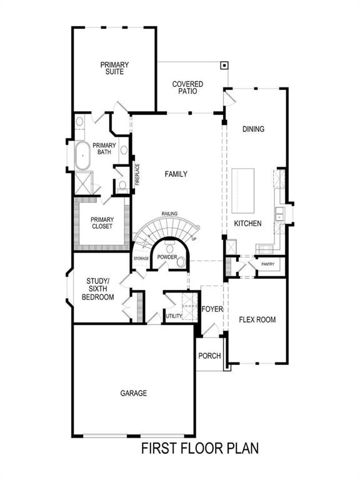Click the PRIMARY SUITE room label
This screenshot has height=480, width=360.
[114, 67]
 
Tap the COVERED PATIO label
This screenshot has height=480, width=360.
[185, 87]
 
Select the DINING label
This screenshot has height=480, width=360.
[254, 129]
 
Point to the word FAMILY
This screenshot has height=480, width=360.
[176, 174]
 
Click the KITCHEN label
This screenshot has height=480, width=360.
[247, 223]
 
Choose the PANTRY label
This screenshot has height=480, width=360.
[267, 264]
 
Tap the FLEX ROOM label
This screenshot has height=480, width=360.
[257, 319]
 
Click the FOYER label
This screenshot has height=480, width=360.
[212, 309]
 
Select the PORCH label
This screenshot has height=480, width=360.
[209, 356]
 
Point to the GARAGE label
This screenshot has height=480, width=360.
[134, 393]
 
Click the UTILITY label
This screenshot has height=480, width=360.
[174, 316]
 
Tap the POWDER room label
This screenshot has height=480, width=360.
[167, 257]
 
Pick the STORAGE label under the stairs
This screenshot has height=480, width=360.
[141, 258]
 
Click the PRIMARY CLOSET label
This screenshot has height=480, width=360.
[102, 222]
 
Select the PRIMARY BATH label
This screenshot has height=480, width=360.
[104, 148]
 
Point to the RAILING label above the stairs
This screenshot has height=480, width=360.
[169, 214]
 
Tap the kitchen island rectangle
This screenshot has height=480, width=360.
[244, 190]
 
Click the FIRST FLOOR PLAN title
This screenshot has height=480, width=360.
[199, 448]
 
